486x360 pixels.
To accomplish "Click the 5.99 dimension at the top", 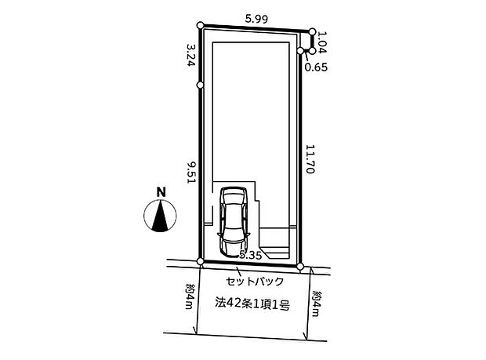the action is point(256,20).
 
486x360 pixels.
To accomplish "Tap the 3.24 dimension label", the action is point(191,55).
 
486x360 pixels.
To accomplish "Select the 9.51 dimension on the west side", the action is point(191,172).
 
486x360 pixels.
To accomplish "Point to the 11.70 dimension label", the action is point(310,159).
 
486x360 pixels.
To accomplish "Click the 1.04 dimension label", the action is point(322,42).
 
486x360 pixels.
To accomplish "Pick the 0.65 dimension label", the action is point(316,67).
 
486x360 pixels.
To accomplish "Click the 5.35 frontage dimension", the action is point(251,255).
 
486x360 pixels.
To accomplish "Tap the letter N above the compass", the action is point(161,192).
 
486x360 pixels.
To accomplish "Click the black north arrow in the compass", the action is point(160,216).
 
